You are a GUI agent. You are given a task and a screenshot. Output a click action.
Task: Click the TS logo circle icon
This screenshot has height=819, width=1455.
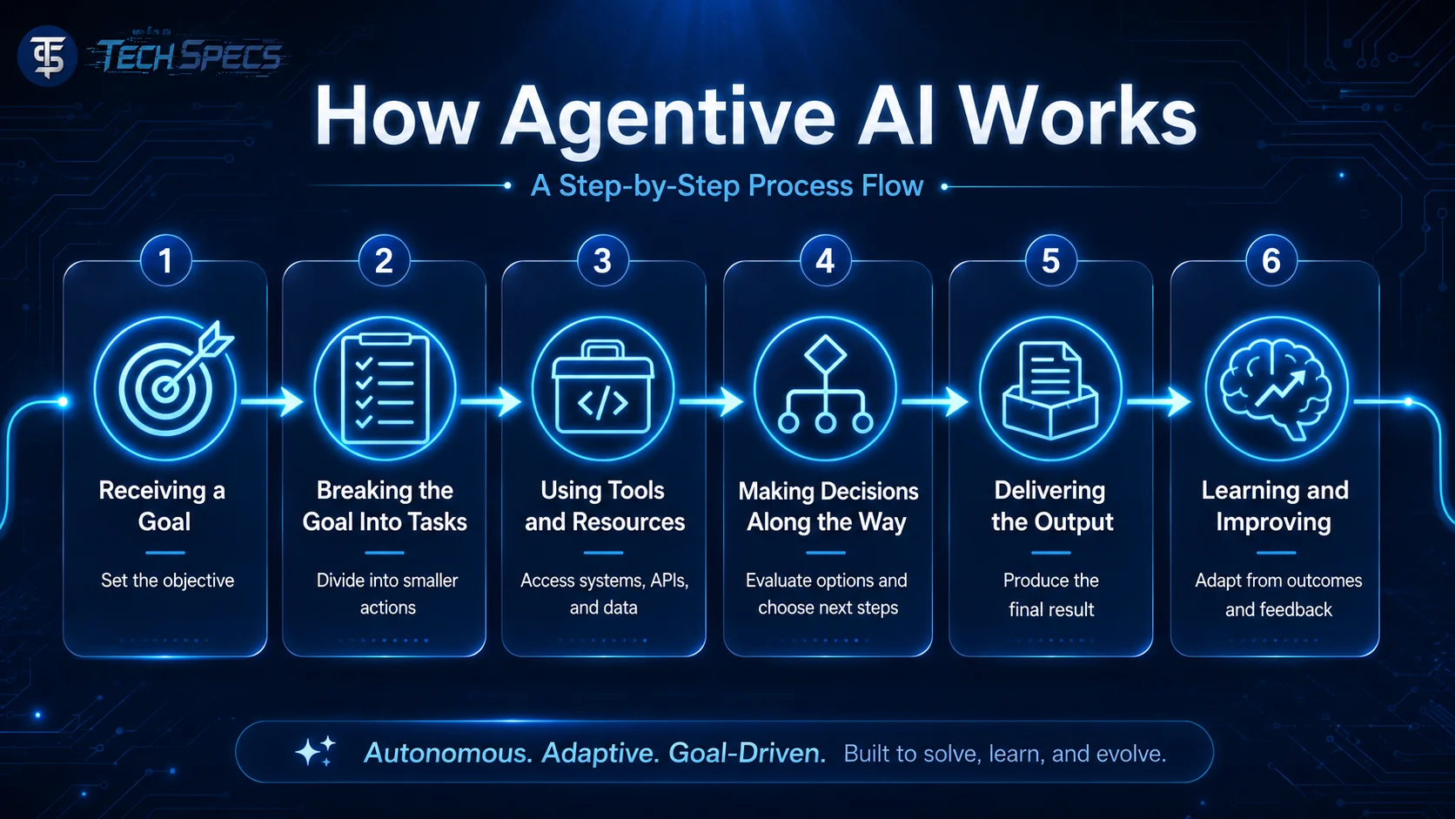click(x=47, y=56)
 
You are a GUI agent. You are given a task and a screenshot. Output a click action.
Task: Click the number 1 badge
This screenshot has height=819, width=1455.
click(x=165, y=261)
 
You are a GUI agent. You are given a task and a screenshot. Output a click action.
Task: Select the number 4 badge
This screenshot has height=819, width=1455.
click(x=826, y=261)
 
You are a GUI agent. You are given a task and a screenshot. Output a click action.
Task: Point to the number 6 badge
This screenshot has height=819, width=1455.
click(x=1271, y=261)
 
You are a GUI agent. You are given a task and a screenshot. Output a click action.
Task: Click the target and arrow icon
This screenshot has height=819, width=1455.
click(x=165, y=388)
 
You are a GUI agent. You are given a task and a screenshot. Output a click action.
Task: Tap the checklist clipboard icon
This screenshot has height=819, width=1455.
click(x=385, y=388)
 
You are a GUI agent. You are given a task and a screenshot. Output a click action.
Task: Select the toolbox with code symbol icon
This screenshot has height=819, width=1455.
click(x=603, y=388)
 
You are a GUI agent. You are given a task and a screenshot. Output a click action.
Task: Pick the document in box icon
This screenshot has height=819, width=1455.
click(x=1050, y=388)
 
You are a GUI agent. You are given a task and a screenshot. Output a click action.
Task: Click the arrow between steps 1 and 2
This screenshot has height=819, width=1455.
click(x=273, y=401)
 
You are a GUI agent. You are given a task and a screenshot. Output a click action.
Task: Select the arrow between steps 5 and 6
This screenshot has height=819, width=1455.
click(x=1159, y=401)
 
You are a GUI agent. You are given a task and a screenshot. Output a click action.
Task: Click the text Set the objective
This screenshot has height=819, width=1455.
click(x=168, y=580)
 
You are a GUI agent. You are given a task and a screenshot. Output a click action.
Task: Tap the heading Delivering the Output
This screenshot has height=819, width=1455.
click(x=1051, y=506)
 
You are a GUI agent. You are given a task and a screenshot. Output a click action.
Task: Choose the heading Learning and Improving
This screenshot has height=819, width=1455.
click(x=1274, y=506)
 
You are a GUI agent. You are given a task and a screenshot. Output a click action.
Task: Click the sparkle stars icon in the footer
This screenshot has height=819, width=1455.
click(x=316, y=751)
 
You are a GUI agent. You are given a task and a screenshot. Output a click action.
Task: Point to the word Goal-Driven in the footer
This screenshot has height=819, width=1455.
click(x=747, y=754)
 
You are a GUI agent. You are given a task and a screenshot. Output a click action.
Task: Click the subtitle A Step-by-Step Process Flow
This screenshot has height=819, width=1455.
click(x=727, y=185)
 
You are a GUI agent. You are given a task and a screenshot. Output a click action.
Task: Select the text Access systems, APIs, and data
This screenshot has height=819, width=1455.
click(x=604, y=594)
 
